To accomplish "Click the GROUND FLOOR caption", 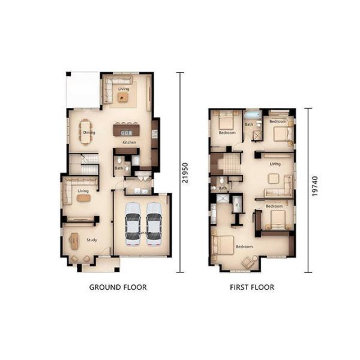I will tap(118, 287).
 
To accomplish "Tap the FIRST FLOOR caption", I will tap(252, 287).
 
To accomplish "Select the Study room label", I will tap(91, 240).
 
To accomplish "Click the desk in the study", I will tap(74, 240).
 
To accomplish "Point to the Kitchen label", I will tap(129, 143).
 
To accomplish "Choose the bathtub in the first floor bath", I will tap(251, 115).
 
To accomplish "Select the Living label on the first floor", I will tap(275, 163).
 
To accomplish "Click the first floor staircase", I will tap(228, 163).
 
